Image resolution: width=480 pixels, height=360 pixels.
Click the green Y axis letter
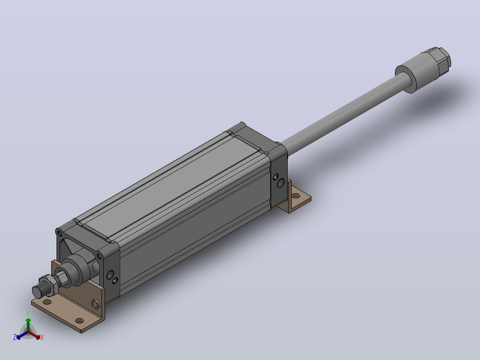pos(28,313)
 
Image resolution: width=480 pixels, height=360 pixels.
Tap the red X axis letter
pos(42,337)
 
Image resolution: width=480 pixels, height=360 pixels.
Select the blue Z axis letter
pos(15,337)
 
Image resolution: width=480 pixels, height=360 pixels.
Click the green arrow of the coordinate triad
pos(28,324)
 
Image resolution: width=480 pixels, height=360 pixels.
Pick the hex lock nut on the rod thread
pos(48,285)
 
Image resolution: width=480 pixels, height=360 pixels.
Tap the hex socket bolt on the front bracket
pos(95,304)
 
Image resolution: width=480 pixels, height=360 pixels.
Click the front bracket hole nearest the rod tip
pos(47,302)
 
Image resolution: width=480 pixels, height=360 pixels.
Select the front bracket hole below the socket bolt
pos(79,321)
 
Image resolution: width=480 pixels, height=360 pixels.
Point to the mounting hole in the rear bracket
pos(296,196)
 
